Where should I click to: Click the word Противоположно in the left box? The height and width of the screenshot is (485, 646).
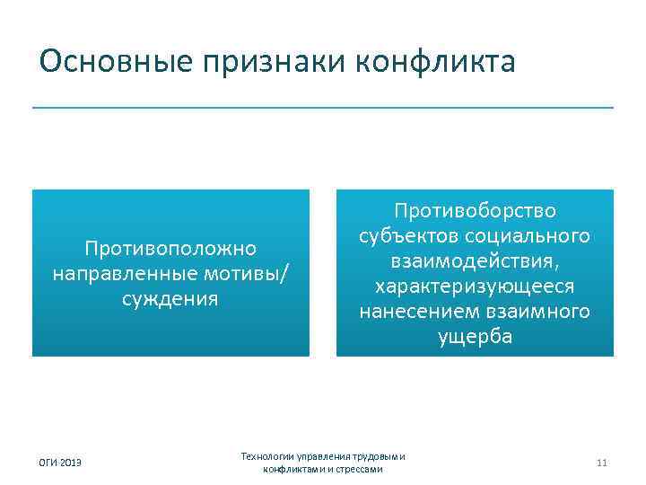coord(170,247)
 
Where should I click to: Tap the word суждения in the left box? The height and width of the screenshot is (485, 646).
coord(170,298)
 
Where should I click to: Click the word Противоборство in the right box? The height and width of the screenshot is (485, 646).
coord(475,210)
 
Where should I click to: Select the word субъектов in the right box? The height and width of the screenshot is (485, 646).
coord(405,235)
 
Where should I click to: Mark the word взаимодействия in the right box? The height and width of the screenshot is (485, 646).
coord(474,260)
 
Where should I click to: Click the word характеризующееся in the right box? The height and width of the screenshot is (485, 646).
coord(475,286)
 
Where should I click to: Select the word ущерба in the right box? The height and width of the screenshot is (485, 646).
coord(475,337)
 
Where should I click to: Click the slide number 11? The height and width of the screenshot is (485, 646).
coord(601,463)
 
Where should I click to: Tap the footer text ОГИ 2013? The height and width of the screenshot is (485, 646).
coord(59,463)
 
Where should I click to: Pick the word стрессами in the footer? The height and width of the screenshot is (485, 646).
coord(357,469)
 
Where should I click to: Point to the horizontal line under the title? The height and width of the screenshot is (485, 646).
coord(323,108)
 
